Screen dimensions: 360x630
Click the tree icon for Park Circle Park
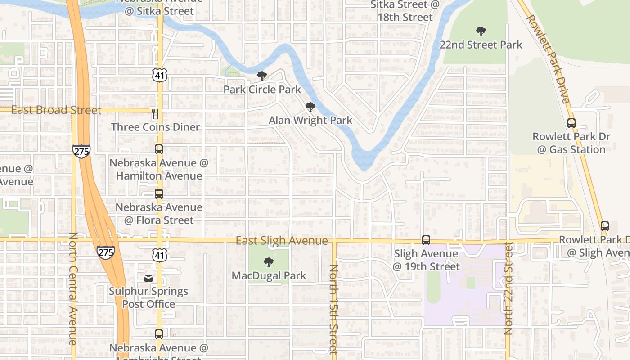click(261, 76)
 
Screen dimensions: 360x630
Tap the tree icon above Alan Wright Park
click(310, 107)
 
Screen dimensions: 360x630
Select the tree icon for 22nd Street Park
click(481, 31)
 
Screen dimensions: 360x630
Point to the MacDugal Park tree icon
click(269, 262)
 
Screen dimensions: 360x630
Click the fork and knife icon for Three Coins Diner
click(155, 114)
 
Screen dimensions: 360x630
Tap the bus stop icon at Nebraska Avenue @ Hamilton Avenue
click(159, 149)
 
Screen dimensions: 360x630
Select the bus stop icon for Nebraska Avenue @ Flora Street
click(159, 194)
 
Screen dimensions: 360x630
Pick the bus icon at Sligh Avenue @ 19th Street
click(426, 240)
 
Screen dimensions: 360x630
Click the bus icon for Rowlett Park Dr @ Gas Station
click(571, 123)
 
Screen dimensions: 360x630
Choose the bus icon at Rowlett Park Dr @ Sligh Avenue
click(605, 226)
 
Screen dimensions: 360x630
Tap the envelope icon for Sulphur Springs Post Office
click(148, 278)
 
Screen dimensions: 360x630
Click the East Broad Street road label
click(56, 110)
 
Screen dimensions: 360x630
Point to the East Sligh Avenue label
click(282, 241)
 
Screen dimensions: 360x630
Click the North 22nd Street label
click(508, 288)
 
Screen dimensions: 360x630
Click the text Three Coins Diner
click(155, 127)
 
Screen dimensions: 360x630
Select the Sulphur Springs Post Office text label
click(148, 297)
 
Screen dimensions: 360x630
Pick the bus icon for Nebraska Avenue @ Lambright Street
click(159, 334)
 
